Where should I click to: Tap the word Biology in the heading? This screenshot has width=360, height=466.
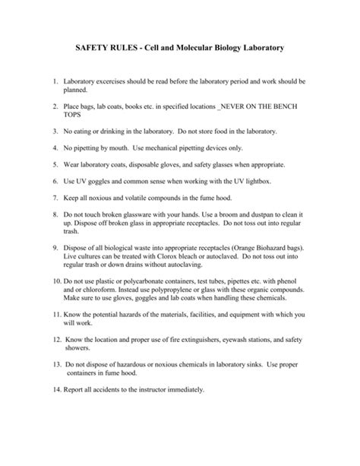coord(232,47)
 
